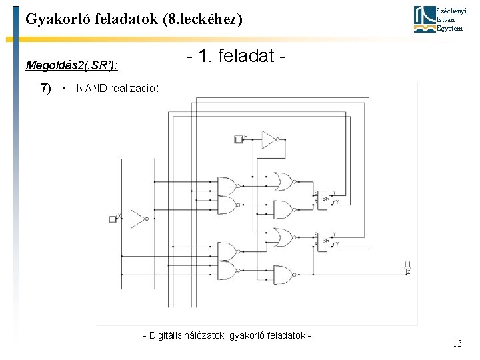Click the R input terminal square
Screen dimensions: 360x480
[x=239, y=139]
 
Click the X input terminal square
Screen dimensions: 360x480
[x=113, y=219]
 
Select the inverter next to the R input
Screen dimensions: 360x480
[x=269, y=139]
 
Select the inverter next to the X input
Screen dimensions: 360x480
[x=139, y=219]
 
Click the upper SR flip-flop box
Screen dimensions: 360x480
[x=324, y=198]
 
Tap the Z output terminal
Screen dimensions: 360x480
[x=407, y=265]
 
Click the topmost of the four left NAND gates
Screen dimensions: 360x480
[x=227, y=185]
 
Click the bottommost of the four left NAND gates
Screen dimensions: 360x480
[x=227, y=270]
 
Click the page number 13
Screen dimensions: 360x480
[x=457, y=344]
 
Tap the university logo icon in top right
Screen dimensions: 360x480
[x=424, y=19]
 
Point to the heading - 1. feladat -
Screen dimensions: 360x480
[x=237, y=58]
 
